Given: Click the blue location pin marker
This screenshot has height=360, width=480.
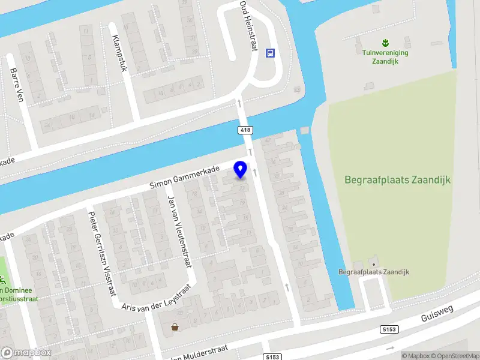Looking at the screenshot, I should [241, 169].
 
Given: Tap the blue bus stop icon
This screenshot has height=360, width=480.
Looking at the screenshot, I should [271, 53].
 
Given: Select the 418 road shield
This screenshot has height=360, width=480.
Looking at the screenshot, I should [245, 130].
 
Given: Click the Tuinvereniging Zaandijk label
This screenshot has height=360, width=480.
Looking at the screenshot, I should [385, 56].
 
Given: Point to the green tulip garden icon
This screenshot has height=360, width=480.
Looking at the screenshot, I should [385, 42].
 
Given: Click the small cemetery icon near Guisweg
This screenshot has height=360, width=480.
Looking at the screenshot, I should [374, 263].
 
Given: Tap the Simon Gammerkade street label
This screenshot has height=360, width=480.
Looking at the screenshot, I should [184, 178].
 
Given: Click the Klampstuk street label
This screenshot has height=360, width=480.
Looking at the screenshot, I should [119, 53].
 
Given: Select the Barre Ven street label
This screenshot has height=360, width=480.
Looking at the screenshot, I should [16, 84].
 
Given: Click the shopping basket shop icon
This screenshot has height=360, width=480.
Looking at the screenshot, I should [175, 327].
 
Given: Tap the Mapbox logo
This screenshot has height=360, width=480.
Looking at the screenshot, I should [26, 353].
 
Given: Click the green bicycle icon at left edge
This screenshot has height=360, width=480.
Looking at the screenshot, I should [3, 280].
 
